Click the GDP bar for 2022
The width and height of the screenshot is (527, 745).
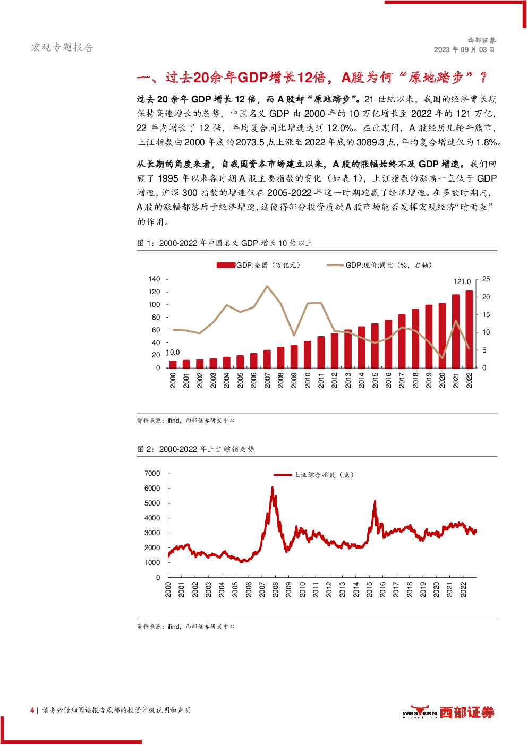[469, 329]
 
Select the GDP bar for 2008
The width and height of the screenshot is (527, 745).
[280, 357]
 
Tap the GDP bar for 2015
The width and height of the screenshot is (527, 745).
[375, 346]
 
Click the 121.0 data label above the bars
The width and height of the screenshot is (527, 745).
[462, 282]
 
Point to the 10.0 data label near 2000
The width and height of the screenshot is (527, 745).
[173, 353]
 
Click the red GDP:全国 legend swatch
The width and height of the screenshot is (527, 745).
[226, 265]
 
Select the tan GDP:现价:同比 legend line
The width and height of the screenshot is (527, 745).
[335, 265]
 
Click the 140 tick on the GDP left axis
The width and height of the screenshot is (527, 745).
[154, 279]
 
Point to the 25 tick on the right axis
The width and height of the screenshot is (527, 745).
[486, 279]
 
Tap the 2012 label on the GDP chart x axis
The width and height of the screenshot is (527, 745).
[335, 380]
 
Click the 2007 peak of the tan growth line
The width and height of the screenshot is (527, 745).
[267, 286]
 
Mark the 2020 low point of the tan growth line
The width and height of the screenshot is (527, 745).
[443, 358]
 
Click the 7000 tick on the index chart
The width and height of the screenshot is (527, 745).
[152, 474]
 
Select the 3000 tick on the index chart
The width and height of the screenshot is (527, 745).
[152, 533]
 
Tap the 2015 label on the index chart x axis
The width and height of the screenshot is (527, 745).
[370, 589]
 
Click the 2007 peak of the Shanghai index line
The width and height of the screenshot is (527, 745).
[273, 487]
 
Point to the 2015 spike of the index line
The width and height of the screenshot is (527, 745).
[375, 501]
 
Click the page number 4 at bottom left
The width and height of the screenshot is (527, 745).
[32, 710]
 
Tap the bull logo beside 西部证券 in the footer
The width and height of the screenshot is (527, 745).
[420, 710]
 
